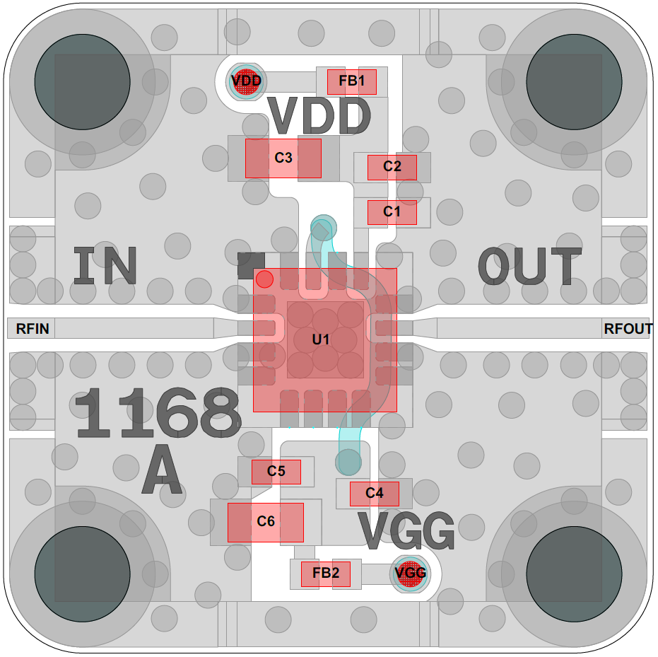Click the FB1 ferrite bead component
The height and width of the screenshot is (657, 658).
click(352, 82)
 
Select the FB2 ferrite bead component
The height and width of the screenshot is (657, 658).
click(326, 574)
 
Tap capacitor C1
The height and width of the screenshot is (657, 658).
click(392, 212)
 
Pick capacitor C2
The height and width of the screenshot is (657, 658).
click(392, 168)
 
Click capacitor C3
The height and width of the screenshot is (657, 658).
click(283, 158)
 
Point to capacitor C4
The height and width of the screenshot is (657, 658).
click(375, 494)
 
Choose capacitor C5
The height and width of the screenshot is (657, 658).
click(276, 472)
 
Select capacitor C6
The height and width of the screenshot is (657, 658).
click(266, 522)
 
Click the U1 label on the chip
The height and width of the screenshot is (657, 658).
click(321, 339)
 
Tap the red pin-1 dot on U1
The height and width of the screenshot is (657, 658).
click(264, 279)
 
